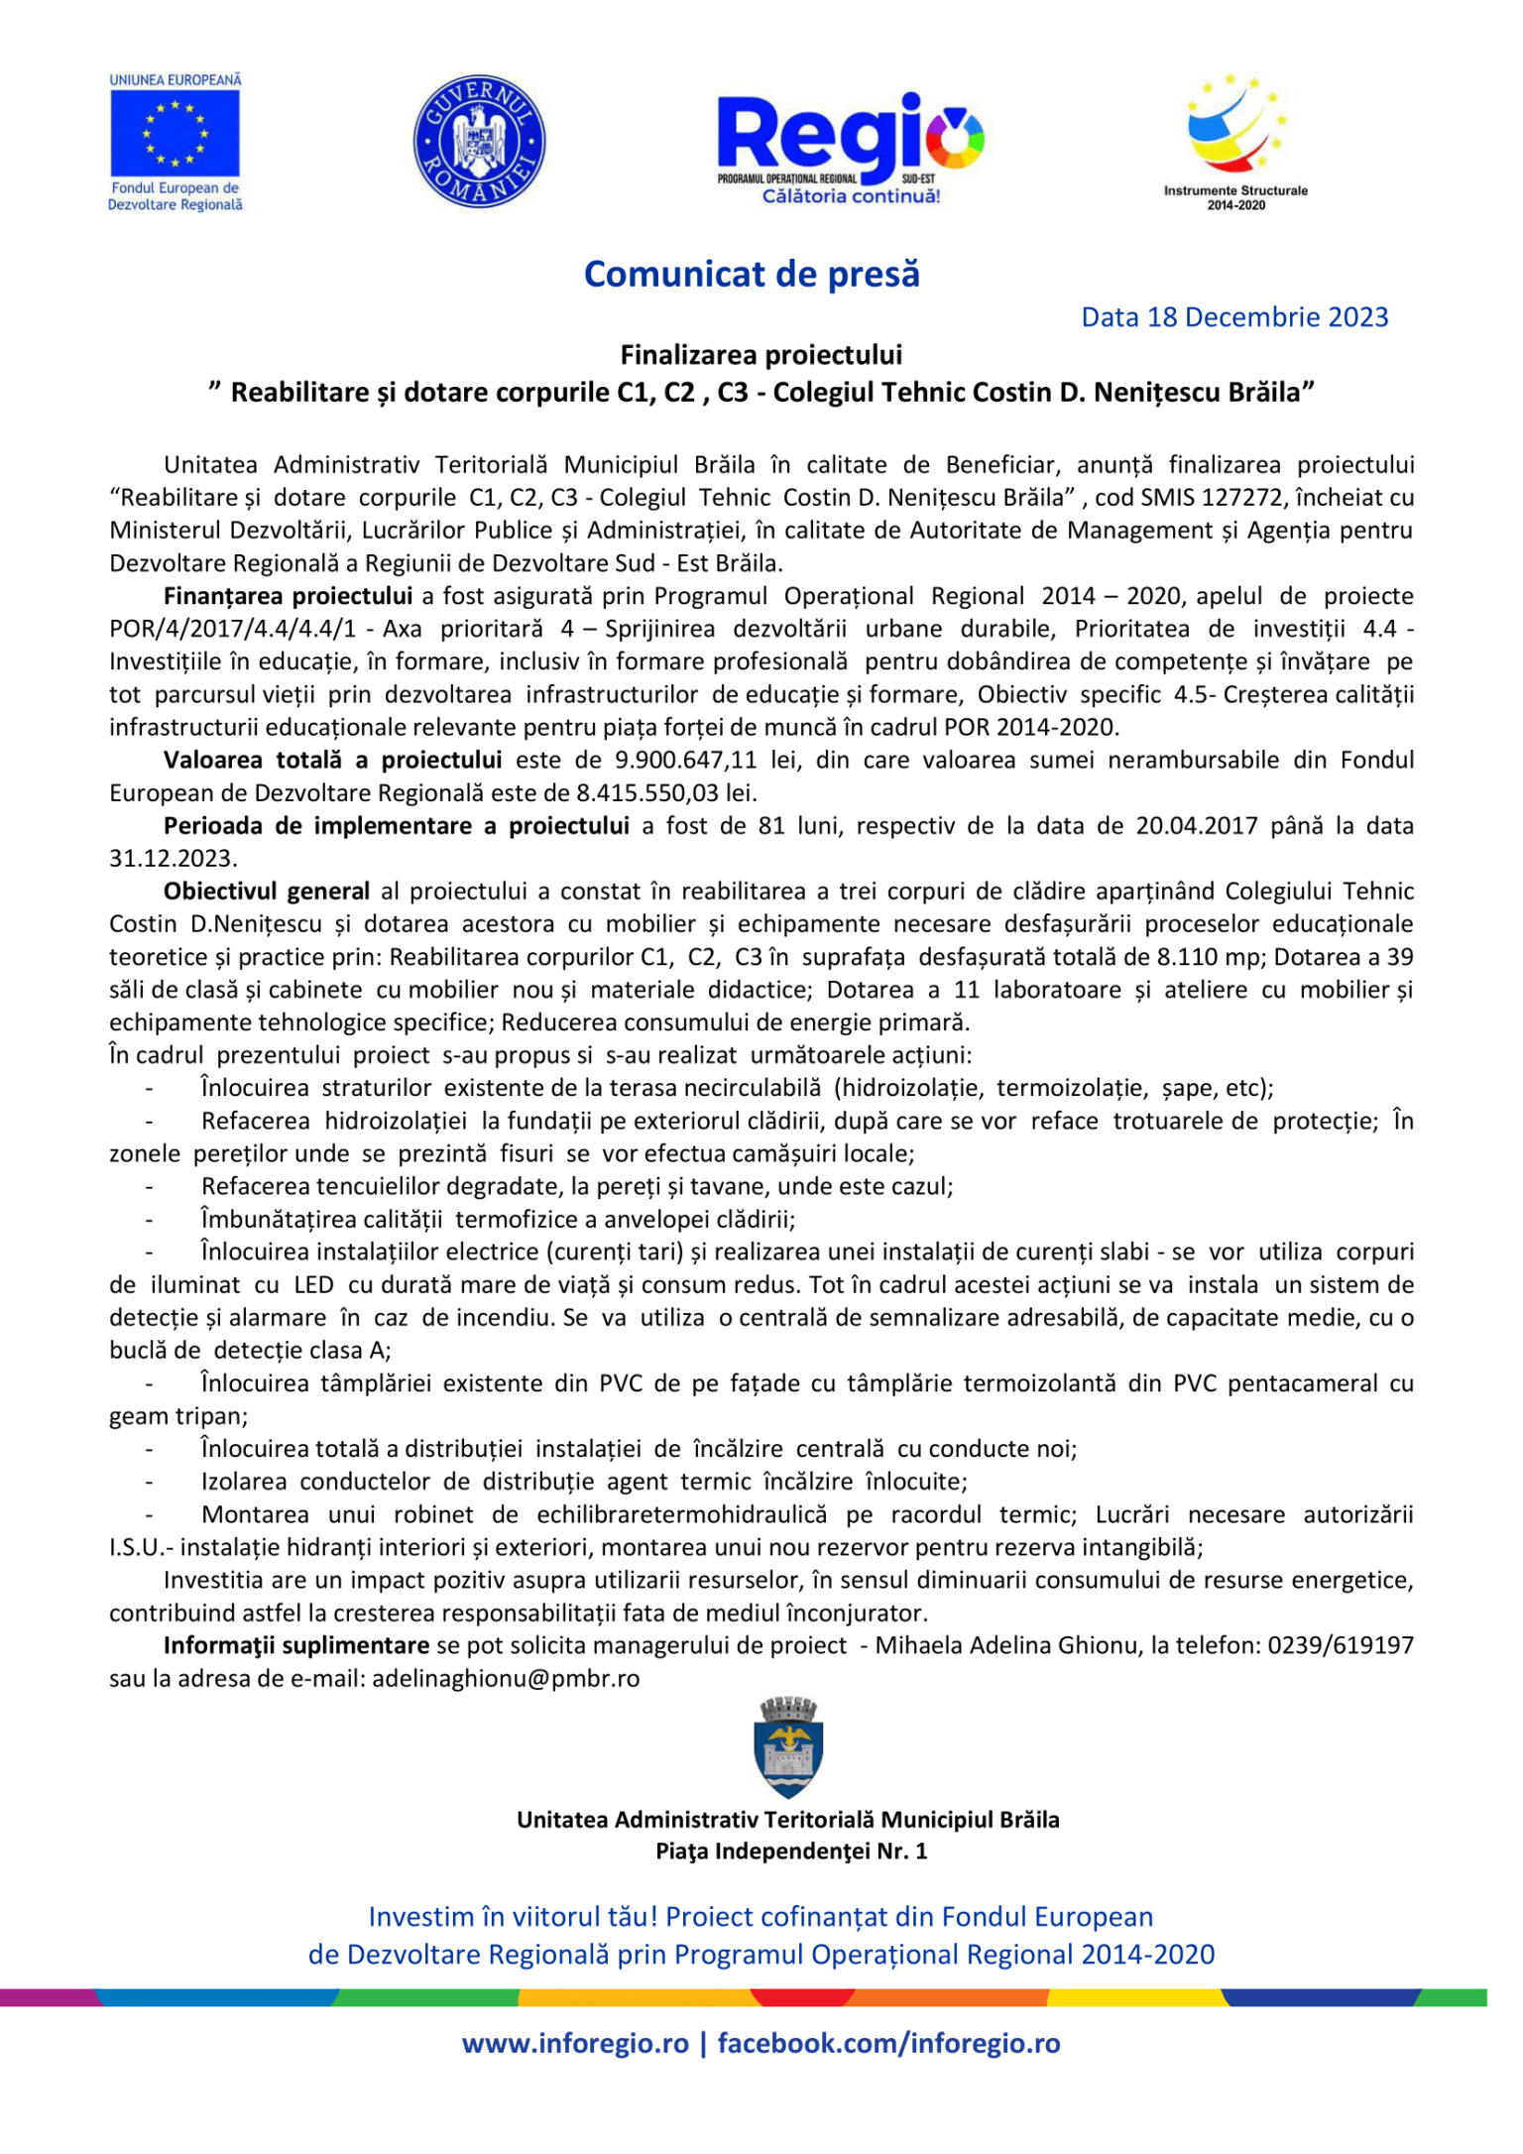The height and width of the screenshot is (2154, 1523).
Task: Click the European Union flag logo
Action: click(175, 133)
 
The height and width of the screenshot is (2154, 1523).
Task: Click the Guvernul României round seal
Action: click(479, 141)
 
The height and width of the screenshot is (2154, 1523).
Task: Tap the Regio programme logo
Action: click(850, 147)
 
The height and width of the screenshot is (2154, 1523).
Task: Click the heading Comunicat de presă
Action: click(752, 274)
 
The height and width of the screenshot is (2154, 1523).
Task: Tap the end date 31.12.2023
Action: click(172, 859)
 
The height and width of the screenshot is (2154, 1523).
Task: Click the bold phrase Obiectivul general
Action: click(266, 892)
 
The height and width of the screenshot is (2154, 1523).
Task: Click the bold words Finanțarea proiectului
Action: click(288, 596)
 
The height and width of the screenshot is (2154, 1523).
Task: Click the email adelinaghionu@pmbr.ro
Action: click(506, 1678)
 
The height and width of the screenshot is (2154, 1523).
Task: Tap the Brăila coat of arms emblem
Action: click(788, 1747)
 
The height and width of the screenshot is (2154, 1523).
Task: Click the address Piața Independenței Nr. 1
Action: click(790, 1851)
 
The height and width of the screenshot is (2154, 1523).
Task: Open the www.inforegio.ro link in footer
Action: click(575, 2043)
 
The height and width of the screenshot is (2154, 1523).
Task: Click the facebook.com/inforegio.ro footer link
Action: click(888, 2043)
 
